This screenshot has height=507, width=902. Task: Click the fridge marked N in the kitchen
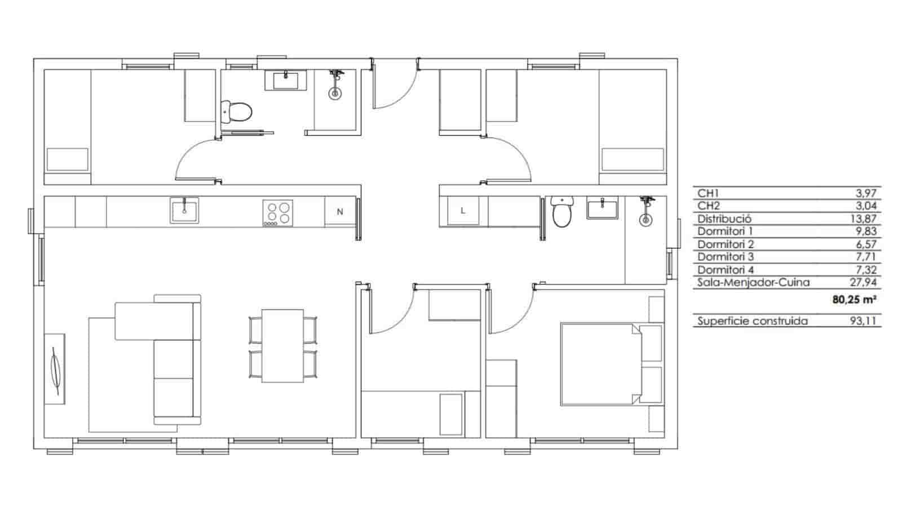click(x=340, y=212)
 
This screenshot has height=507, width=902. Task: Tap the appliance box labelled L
click(x=463, y=211)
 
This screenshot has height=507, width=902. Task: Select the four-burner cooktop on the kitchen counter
click(x=278, y=213)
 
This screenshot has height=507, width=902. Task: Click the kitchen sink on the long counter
click(x=184, y=210)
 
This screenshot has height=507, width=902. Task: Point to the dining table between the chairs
click(x=283, y=345)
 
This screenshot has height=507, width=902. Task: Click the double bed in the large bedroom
click(x=601, y=364)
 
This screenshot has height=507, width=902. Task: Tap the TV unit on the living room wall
click(x=55, y=368)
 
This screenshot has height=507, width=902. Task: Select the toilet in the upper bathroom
click(x=237, y=112)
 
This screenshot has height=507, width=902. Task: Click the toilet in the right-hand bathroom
click(x=561, y=212)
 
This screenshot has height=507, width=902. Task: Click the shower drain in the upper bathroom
click(x=335, y=94)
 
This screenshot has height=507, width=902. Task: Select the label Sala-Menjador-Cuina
click(x=753, y=283)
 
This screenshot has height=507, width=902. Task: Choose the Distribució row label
click(x=724, y=219)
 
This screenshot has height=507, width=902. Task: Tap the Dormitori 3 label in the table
click(x=726, y=257)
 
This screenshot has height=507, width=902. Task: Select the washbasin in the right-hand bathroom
click(x=602, y=208)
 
